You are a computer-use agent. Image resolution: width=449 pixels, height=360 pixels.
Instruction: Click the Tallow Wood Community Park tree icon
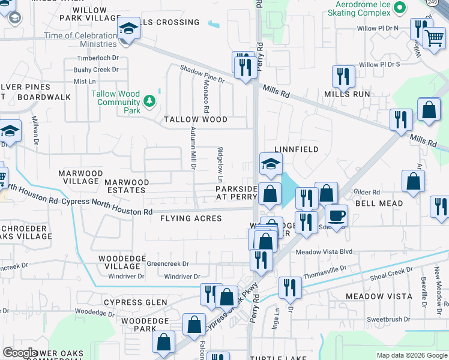[149, 103]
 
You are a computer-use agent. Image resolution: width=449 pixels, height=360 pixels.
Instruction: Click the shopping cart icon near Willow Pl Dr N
[434, 37]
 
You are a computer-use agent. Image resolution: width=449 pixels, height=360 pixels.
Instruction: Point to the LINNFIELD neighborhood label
[296, 149]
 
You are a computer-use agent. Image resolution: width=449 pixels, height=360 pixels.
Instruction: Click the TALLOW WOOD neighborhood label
[196, 119]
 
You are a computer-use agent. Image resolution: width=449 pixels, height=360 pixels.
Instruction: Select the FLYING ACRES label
[191, 219]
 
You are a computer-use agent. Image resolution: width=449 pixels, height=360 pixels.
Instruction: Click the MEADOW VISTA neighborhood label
[379, 296]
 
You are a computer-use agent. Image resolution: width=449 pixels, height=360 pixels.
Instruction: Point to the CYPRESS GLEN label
[135, 302]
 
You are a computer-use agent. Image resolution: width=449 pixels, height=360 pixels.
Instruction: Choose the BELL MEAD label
[379, 204]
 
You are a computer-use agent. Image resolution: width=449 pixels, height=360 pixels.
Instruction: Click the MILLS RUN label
[347, 94]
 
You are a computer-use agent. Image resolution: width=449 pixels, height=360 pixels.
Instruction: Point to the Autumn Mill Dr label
[193, 148]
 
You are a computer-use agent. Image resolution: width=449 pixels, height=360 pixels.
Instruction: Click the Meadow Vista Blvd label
[323, 252]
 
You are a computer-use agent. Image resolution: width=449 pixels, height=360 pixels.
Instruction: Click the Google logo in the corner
[20, 353]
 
